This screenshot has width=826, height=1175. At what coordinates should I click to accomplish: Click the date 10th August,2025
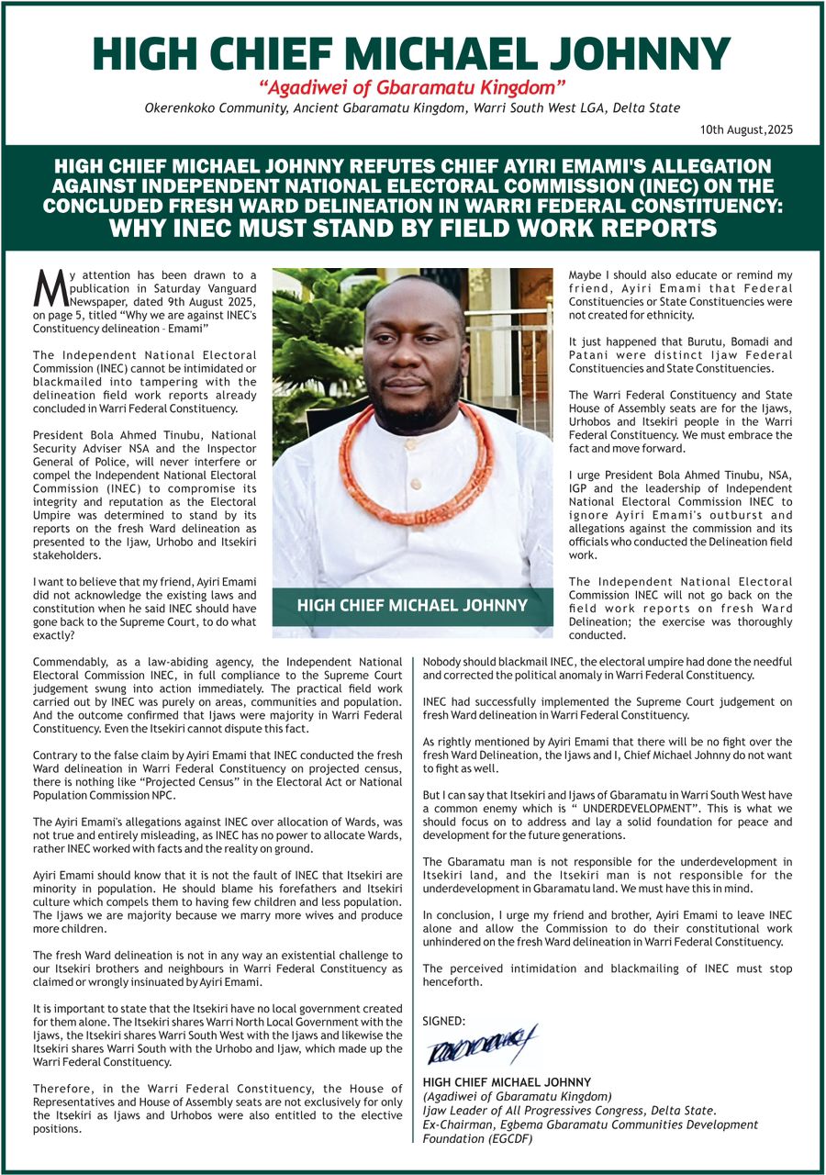744,130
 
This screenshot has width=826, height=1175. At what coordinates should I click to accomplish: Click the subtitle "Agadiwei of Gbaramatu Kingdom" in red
412,88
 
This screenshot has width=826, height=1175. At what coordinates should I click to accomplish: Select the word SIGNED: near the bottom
444,1021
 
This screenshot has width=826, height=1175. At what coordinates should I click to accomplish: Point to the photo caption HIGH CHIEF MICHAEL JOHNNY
412,605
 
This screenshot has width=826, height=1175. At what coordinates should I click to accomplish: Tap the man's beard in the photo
418,408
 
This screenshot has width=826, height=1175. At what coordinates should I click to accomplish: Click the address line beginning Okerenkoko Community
412,108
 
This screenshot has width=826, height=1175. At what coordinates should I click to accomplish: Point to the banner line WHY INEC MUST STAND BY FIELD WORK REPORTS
412,228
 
